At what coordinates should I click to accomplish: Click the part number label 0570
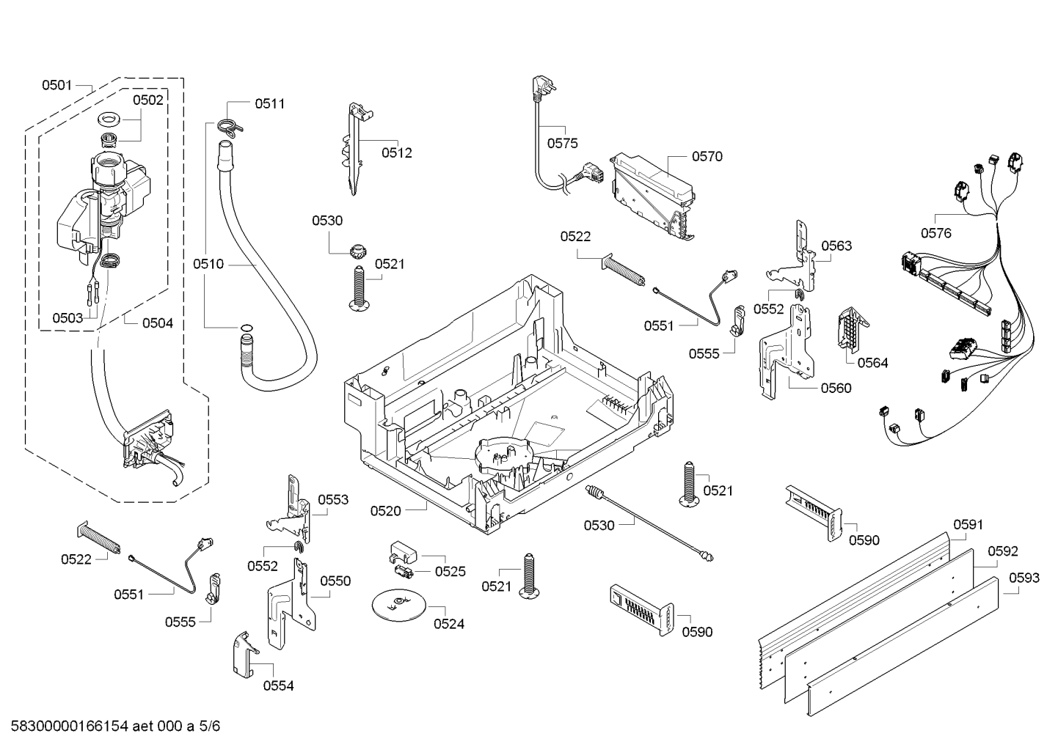click(707, 156)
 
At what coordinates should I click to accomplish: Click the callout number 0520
click(385, 511)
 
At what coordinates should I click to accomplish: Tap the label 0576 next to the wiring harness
click(935, 233)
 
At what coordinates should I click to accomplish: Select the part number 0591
click(968, 525)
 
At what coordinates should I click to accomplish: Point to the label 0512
click(396, 152)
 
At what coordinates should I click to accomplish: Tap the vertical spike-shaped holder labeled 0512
click(356, 150)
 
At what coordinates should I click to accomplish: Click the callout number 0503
click(68, 317)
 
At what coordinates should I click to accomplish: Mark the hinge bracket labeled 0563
click(798, 258)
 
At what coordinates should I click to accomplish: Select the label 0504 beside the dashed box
click(157, 323)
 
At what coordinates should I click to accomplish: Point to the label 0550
click(335, 581)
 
